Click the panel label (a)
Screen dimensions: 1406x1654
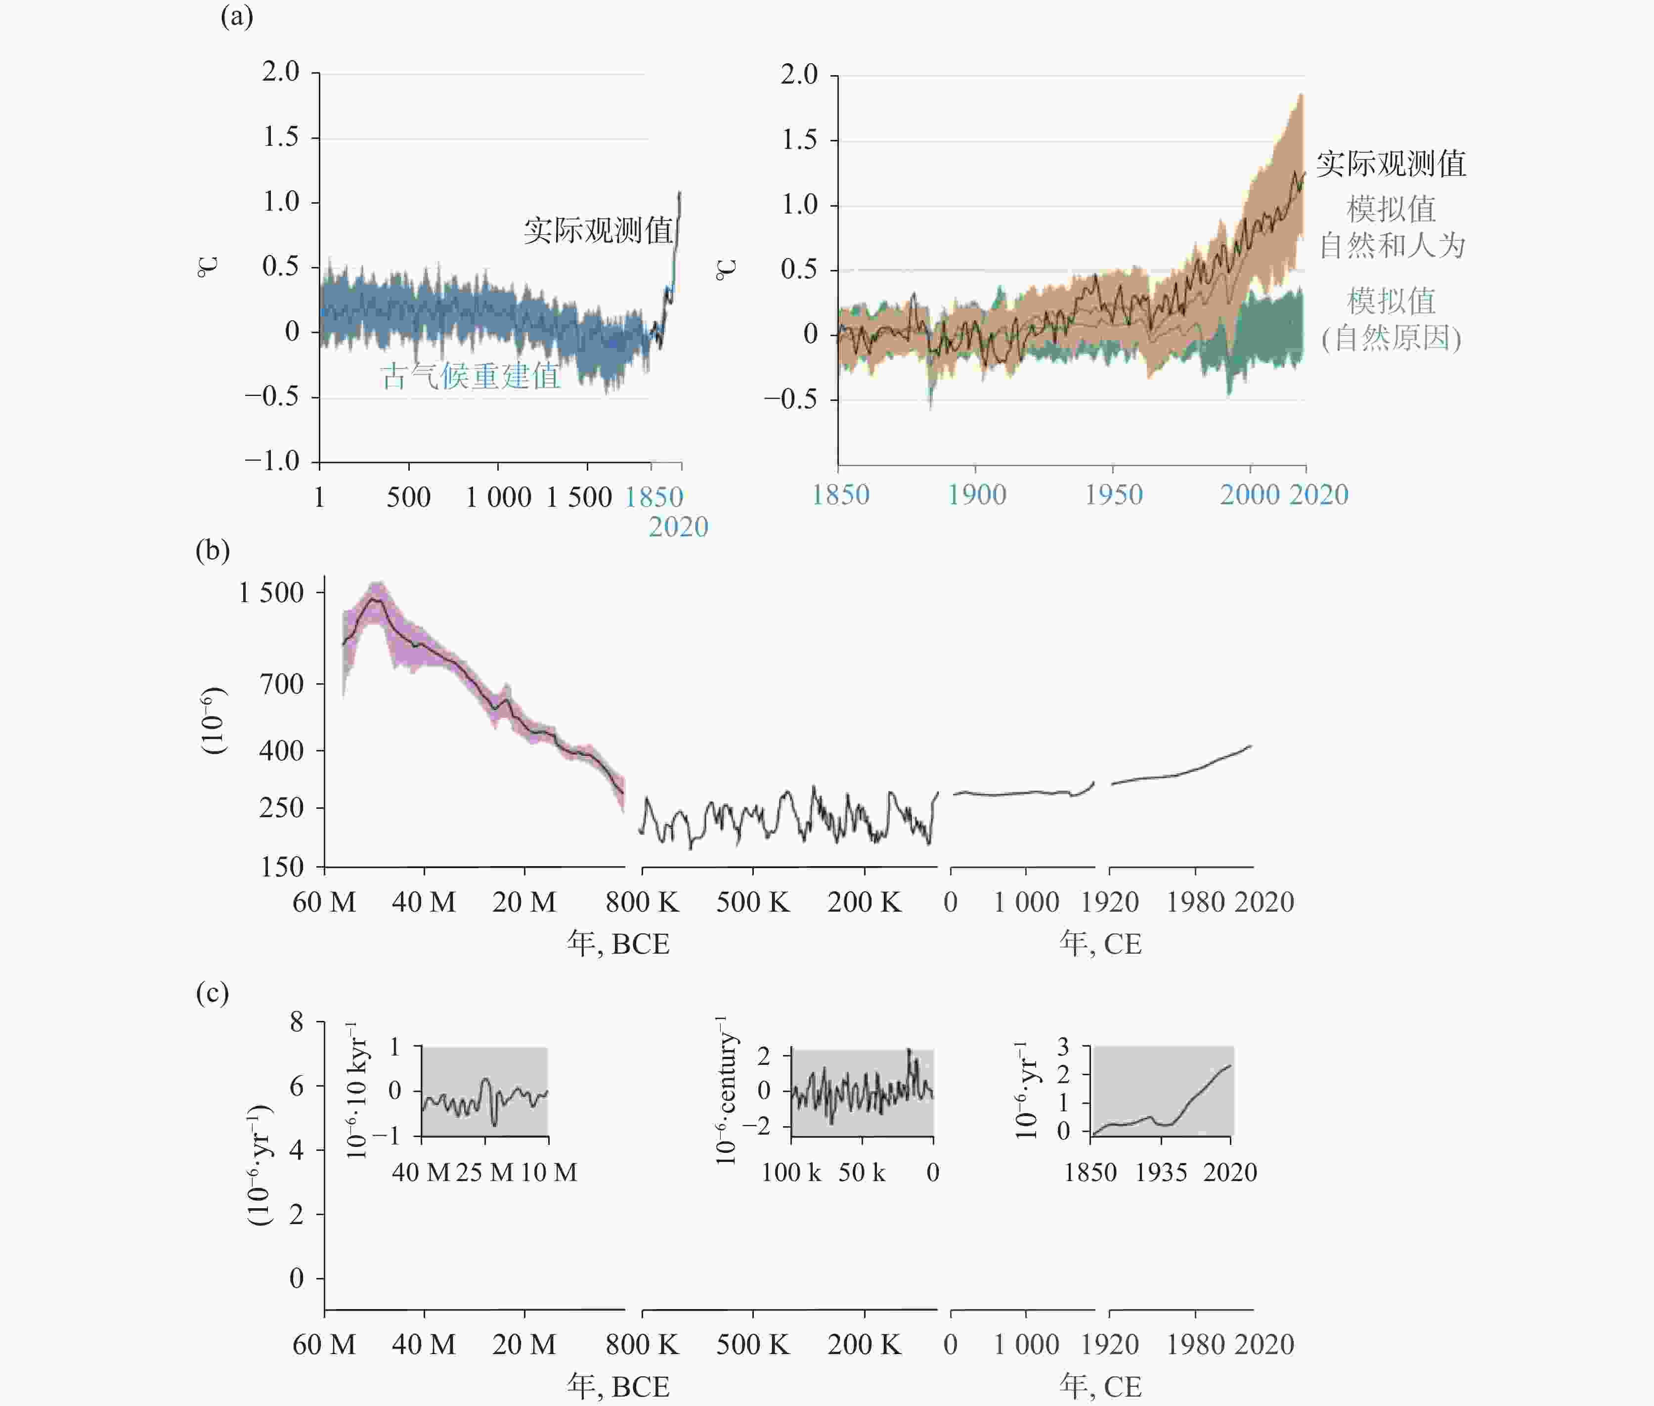point(237,16)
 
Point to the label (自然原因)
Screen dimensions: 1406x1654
point(1392,339)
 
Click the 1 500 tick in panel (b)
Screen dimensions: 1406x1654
point(271,592)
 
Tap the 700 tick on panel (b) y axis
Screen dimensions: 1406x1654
point(281,684)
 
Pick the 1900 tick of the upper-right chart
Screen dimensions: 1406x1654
point(976,495)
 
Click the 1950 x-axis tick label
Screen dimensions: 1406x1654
point(1114,495)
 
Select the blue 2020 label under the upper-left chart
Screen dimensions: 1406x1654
point(678,527)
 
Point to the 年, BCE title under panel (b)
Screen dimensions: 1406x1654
point(618,944)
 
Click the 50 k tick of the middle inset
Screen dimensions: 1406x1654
point(862,1173)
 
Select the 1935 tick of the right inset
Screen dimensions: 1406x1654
point(1161,1173)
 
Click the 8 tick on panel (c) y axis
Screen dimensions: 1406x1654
point(297,1022)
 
